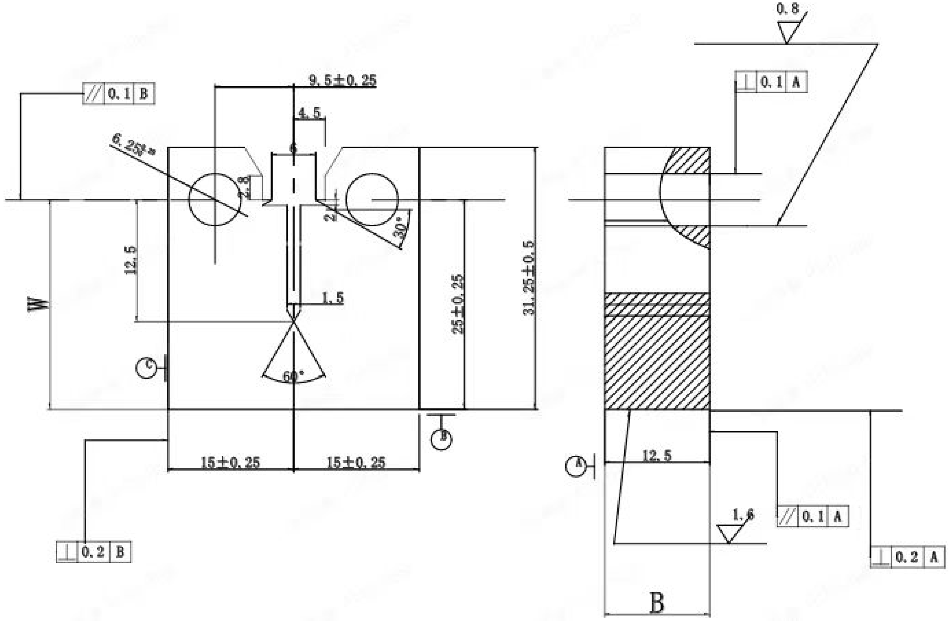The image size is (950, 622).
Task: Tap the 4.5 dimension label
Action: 309,113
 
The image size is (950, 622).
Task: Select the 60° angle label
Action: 293,376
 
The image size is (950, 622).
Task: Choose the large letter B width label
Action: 657,603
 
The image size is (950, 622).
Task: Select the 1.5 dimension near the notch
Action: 332,298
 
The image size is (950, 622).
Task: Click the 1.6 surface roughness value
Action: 743,515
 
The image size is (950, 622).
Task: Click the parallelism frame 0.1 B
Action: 118,94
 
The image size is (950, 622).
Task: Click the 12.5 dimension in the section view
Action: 657,455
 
